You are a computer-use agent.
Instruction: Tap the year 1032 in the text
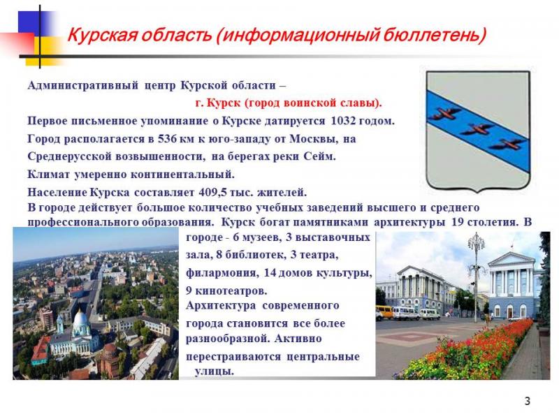click(343, 121)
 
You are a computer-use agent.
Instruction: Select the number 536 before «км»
click(167, 139)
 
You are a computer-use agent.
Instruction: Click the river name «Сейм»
click(320, 156)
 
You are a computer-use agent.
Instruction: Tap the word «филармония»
click(222, 273)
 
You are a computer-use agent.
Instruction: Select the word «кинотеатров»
click(231, 291)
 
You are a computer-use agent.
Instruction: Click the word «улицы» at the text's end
click(215, 372)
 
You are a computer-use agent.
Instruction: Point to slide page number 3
click(528, 401)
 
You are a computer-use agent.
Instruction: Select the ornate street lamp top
click(477, 242)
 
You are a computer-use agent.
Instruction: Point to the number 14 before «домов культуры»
click(270, 273)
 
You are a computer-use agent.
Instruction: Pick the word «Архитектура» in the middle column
click(221, 306)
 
